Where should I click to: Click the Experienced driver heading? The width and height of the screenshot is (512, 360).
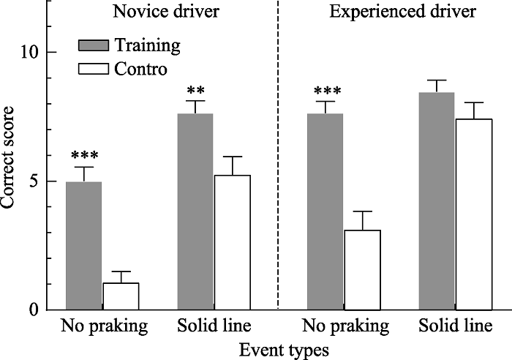[391, 12]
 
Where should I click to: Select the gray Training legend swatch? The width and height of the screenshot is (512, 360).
[94, 46]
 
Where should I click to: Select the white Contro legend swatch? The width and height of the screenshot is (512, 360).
[94, 70]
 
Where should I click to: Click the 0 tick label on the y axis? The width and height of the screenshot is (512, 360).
[34, 310]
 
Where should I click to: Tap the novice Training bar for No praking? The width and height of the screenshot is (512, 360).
[83, 246]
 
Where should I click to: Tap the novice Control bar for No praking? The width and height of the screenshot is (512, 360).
[121, 296]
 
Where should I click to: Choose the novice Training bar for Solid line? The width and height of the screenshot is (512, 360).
[195, 211]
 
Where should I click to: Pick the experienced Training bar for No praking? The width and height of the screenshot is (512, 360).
[325, 211]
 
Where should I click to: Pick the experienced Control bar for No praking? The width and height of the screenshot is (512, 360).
[362, 270]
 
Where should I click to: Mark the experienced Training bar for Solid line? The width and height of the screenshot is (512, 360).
[437, 201]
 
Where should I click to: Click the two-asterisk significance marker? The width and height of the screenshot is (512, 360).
[195, 91]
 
